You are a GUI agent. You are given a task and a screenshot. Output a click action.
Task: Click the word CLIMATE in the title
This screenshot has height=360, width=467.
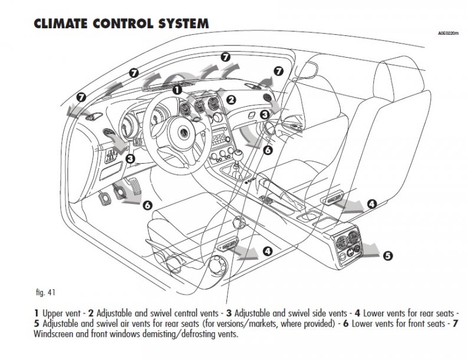click(x=63, y=24)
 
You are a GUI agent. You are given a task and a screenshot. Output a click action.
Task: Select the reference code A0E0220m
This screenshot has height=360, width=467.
click(x=445, y=34)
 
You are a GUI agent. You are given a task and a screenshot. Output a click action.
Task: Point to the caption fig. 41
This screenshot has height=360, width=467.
click(x=45, y=292)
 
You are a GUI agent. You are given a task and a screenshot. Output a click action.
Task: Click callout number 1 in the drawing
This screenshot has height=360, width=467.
click(x=177, y=90)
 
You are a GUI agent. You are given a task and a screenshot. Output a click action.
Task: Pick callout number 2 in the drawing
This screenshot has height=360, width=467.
click(x=231, y=100)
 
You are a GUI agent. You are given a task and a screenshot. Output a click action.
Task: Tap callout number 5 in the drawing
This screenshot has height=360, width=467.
click(x=387, y=255)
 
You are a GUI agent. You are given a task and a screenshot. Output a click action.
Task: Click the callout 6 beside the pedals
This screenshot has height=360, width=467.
click(x=147, y=204)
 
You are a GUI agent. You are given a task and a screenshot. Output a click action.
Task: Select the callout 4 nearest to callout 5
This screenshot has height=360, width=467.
click(x=371, y=204)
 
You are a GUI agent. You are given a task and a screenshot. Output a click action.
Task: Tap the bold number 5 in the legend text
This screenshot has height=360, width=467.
click(x=37, y=323)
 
